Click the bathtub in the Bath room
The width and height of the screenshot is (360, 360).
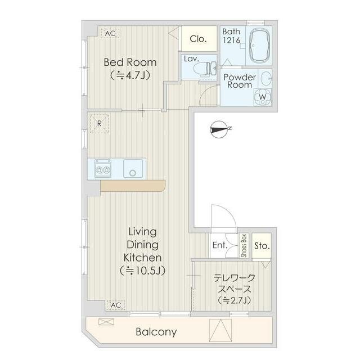259,46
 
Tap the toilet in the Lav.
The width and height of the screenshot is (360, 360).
205,68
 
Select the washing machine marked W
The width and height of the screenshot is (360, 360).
263,97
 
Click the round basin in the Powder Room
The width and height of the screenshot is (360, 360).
266,78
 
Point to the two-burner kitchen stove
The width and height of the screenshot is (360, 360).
103,169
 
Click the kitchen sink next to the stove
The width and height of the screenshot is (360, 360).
133,169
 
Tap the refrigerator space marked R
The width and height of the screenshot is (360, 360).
99,124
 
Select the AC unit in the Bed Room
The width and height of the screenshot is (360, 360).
110,33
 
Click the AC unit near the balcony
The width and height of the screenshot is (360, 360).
115,305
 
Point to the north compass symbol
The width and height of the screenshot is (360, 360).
220,130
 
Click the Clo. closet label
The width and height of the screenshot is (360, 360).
198,39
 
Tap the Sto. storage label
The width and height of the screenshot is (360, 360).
262,246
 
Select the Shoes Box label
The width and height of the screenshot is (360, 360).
244,245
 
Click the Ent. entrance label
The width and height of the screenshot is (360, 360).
220,245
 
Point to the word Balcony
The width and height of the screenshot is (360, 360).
156,332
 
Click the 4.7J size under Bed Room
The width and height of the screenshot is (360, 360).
130,75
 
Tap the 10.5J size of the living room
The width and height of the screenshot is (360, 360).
142,271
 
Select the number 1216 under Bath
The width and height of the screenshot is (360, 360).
231,40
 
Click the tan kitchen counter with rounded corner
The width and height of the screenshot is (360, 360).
133,186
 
